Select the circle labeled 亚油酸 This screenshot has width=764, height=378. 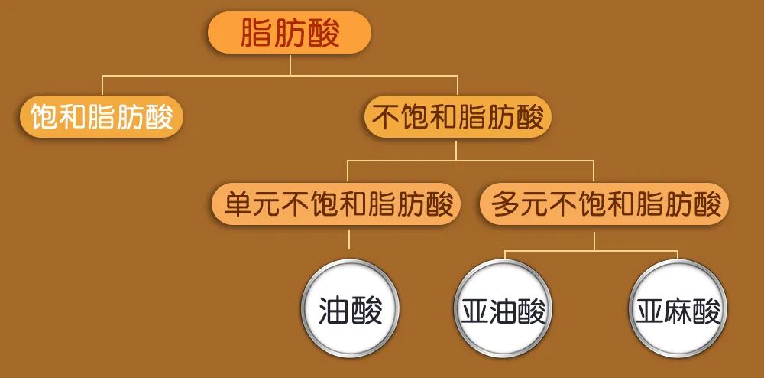(503, 312)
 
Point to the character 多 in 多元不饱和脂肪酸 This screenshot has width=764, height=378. (507, 204)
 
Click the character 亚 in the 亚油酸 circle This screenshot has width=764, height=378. (475, 312)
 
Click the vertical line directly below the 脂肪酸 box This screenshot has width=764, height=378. (290, 64)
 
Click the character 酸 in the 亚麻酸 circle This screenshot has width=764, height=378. (705, 312)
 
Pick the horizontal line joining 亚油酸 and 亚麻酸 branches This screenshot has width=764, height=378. (591, 250)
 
